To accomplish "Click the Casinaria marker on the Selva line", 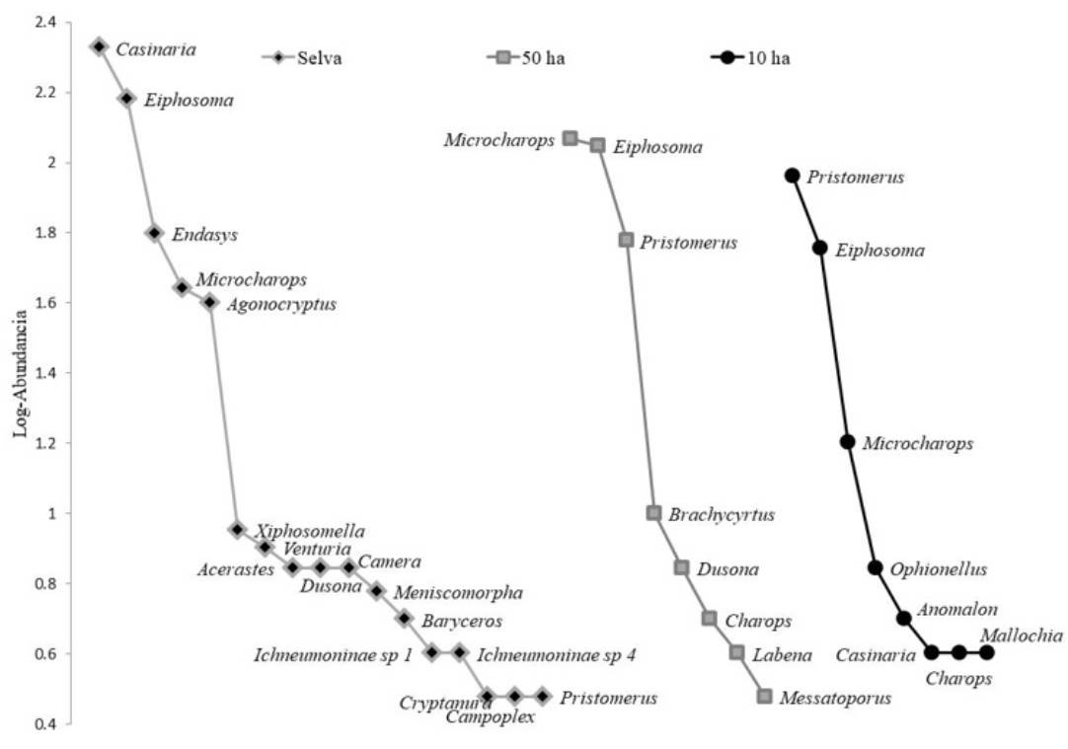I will [99, 46].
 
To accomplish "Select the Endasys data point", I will [154, 233].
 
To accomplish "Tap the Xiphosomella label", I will [311, 531].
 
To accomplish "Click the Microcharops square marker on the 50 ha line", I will [570, 138].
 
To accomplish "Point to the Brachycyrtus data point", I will [653, 513].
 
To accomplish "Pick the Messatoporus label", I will [835, 699].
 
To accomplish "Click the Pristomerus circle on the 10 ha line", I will [792, 176].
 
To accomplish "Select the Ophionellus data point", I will [875, 567].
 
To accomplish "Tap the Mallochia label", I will [1021, 637].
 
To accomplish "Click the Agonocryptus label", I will [281, 304].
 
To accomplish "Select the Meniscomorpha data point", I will [376, 591].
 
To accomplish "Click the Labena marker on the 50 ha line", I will [736, 652].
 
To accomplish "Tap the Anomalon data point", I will [903, 618].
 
